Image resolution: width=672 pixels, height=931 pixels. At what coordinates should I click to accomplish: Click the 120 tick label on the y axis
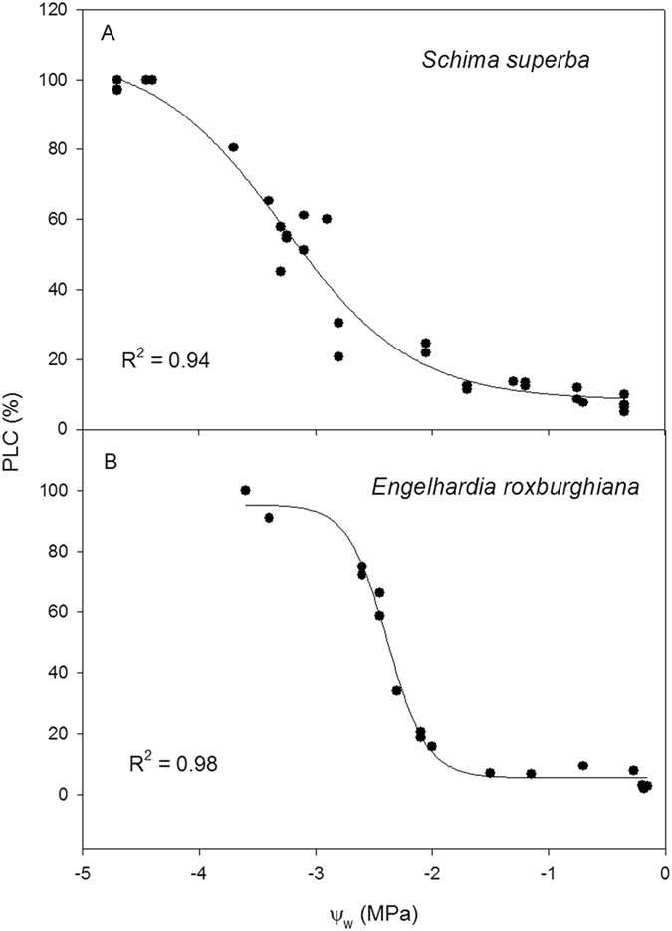(x=58, y=10)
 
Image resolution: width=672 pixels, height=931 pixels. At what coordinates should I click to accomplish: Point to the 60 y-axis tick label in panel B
(x=62, y=612)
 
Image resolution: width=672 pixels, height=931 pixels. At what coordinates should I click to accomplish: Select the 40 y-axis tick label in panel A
(x=62, y=290)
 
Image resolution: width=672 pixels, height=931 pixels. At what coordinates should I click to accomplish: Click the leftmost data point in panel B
(x=245, y=490)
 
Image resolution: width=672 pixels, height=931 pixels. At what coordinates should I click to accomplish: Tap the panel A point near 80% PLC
(x=233, y=147)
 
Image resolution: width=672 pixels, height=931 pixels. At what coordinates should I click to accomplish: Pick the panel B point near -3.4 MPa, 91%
(x=269, y=518)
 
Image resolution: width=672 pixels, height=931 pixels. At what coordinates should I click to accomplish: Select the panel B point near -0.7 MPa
(x=583, y=766)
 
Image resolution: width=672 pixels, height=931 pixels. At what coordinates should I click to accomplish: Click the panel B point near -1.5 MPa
(x=490, y=773)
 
